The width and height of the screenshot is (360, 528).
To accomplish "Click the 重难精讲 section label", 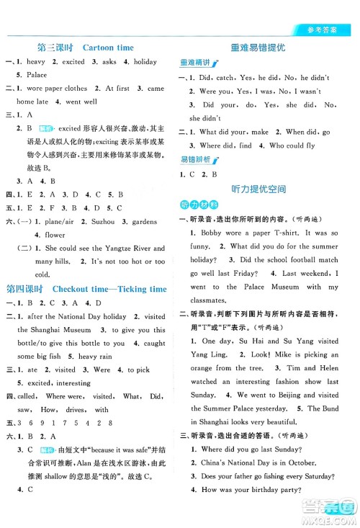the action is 199,63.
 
